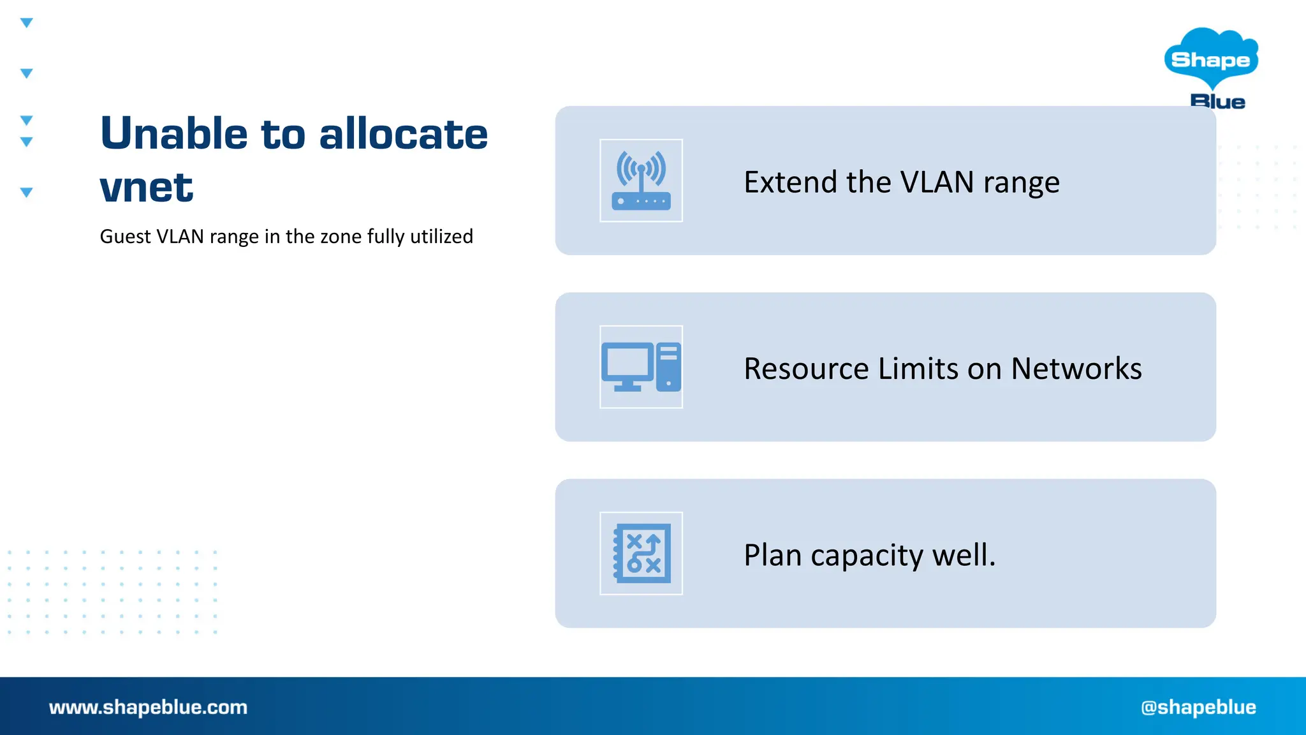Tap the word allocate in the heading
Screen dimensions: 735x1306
coord(403,134)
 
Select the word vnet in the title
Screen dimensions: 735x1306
coord(146,188)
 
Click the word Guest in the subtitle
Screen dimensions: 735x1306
coord(125,237)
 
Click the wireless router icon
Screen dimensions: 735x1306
coord(641,181)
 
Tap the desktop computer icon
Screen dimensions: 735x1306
coord(641,367)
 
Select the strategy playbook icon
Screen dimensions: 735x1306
coord(641,553)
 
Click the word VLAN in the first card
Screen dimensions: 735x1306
coord(937,182)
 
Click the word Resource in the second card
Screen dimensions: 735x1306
coord(806,369)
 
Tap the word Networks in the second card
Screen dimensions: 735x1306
coord(1076,369)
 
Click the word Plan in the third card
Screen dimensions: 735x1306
coord(772,555)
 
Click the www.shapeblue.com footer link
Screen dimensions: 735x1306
coord(148,707)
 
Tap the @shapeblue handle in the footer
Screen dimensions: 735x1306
coord(1198,707)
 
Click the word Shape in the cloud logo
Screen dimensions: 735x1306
coord(1210,60)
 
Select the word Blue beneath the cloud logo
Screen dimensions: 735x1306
coord(1217,101)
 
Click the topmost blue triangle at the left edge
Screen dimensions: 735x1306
coord(26,23)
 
